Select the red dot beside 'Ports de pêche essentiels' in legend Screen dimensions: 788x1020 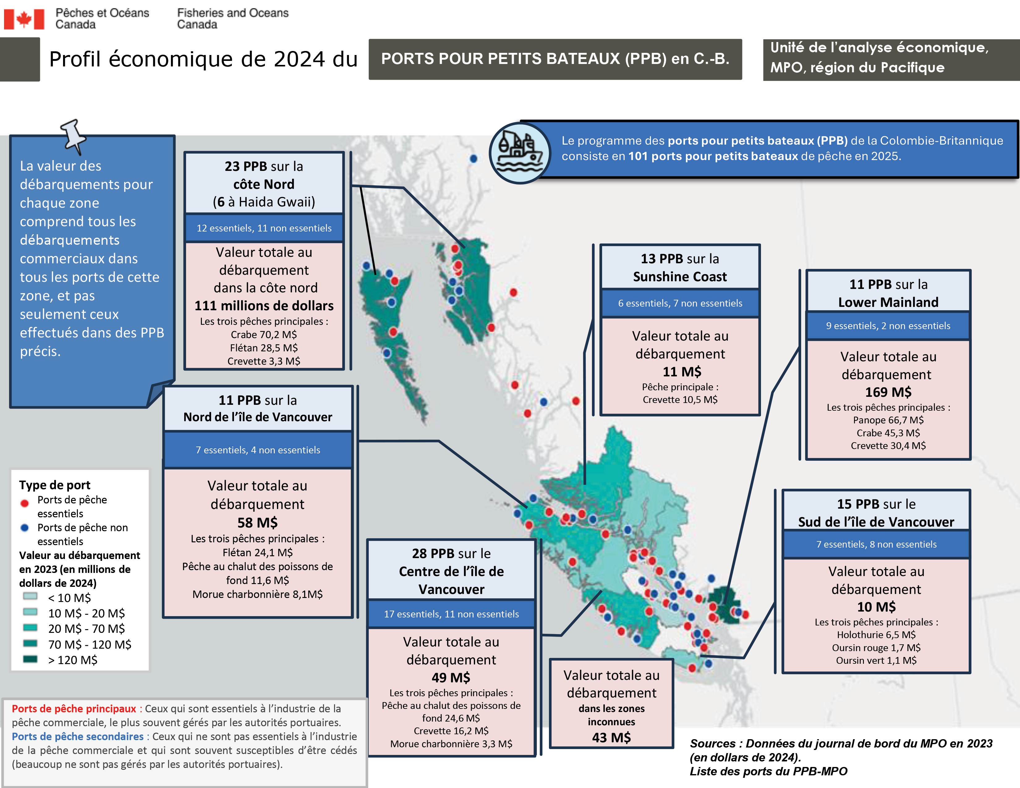coord(25,503)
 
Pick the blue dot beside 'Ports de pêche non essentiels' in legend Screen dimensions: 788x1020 coord(25,528)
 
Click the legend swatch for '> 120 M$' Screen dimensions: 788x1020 coord(30,659)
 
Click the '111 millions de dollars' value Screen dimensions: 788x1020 coord(264,306)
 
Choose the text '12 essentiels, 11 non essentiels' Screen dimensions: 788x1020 coord(264,228)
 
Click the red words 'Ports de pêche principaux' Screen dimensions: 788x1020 coord(74,709)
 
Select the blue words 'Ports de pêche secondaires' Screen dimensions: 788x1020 coord(78,737)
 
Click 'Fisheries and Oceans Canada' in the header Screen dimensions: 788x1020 coord(232,19)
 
